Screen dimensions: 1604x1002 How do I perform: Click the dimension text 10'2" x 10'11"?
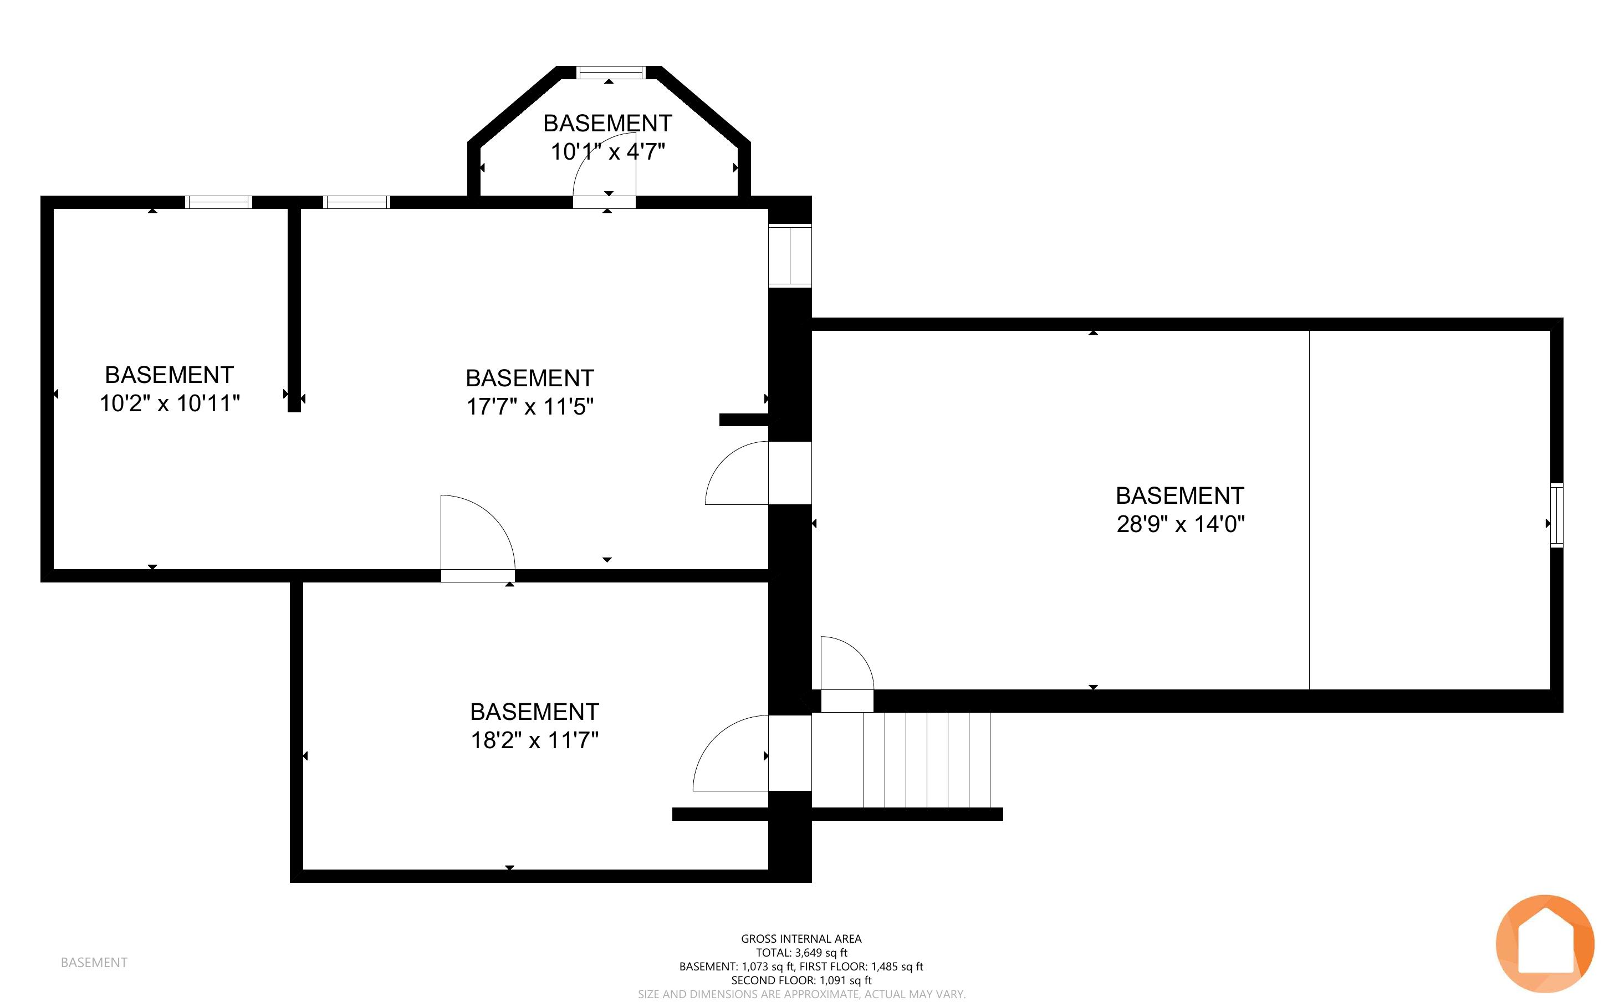coord(170,403)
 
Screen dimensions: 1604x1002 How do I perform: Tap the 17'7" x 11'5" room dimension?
coord(530,406)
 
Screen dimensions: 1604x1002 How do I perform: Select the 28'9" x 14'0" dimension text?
coord(1181,524)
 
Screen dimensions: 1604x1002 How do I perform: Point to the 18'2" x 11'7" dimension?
coord(535,739)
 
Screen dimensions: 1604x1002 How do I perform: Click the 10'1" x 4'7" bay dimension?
coord(607,151)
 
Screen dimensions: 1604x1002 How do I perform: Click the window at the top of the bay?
coord(610,72)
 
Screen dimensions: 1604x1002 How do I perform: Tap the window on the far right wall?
coord(1557,515)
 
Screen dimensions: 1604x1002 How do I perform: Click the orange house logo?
coord(1545,944)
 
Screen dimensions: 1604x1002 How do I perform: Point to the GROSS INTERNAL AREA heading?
coord(801,938)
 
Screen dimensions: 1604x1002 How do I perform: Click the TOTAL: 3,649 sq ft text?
coord(801,952)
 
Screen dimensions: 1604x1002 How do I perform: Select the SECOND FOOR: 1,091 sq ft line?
coord(801,980)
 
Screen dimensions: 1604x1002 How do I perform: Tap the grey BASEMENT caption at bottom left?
coord(94,962)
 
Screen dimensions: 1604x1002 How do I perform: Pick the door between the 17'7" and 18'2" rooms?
coord(478,538)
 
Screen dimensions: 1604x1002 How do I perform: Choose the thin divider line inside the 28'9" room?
coord(1309,510)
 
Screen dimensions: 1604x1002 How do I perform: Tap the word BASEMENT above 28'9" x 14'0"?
coord(1180,495)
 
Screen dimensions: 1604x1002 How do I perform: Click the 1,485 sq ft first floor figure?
coord(897,966)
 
